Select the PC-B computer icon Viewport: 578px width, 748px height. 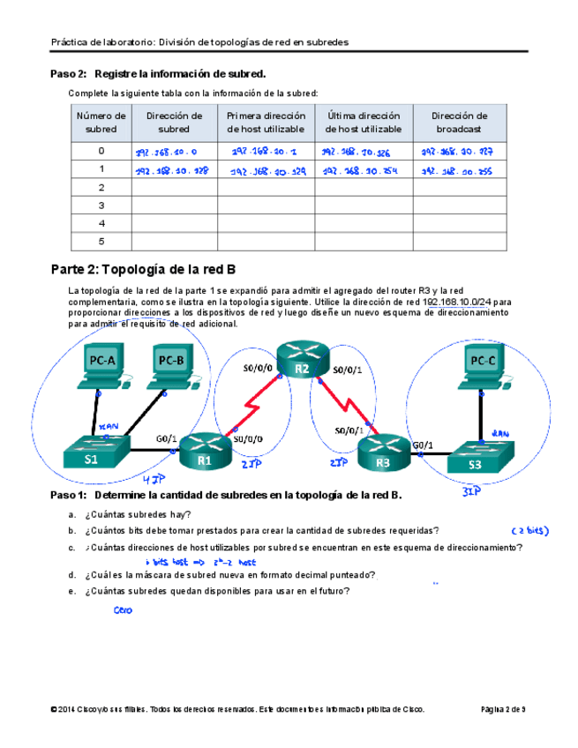[169, 365]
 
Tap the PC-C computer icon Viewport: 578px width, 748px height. [483, 365]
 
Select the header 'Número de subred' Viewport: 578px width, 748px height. [101, 122]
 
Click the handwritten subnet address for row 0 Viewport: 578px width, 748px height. [160, 152]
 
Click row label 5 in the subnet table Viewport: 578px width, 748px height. [101, 241]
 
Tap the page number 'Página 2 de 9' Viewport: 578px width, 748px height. [502, 708]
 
